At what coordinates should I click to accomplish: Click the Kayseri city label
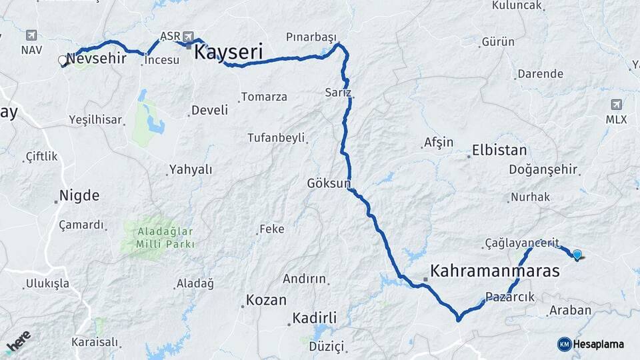tap(229, 52)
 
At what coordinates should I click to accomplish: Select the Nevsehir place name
tap(97, 58)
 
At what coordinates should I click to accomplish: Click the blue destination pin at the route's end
tap(577, 254)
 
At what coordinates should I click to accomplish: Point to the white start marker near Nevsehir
tap(63, 61)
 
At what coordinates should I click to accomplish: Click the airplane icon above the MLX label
tap(617, 105)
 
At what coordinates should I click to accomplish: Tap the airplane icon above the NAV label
tap(31, 35)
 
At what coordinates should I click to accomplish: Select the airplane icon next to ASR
tap(189, 36)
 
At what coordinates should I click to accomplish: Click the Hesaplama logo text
tap(598, 344)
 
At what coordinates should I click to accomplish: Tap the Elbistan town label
tap(499, 150)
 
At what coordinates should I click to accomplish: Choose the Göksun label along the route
tap(328, 183)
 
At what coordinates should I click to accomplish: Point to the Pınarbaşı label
tap(311, 37)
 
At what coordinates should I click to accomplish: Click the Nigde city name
tap(79, 196)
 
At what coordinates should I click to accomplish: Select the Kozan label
tap(266, 300)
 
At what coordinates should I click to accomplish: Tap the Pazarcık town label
tap(510, 297)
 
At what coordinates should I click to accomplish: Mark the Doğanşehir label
tap(543, 170)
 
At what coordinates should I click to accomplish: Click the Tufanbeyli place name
tap(276, 138)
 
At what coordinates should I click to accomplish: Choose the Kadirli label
tap(315, 318)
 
